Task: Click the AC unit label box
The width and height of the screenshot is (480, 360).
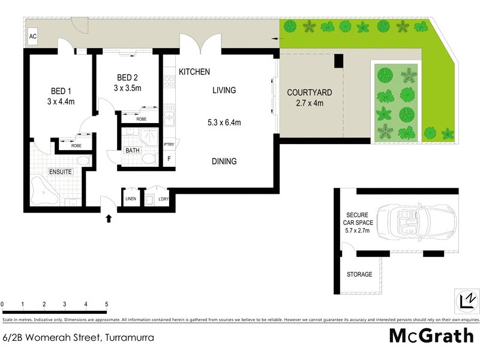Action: pyautogui.click(x=32, y=37)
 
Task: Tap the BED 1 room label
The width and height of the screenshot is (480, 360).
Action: pyautogui.click(x=61, y=91)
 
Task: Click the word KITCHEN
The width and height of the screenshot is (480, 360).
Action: pyautogui.click(x=194, y=72)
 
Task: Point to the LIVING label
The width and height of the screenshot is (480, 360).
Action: pyautogui.click(x=224, y=91)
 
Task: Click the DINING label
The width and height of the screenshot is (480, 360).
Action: pyautogui.click(x=224, y=161)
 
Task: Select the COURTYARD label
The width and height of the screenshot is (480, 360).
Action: pyautogui.click(x=309, y=92)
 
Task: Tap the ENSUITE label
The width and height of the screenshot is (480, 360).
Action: pyautogui.click(x=60, y=172)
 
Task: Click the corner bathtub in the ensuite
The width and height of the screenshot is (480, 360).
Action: pyautogui.click(x=46, y=190)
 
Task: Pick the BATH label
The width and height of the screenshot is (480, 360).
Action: pyautogui.click(x=132, y=151)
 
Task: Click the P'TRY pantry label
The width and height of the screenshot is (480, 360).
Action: pyautogui.click(x=169, y=144)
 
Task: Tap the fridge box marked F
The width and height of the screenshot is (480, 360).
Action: pyautogui.click(x=169, y=159)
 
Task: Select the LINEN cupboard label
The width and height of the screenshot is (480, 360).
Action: pyautogui.click(x=130, y=199)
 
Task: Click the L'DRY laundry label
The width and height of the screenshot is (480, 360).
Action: pyautogui.click(x=163, y=199)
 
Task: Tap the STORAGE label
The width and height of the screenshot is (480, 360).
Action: pyautogui.click(x=359, y=275)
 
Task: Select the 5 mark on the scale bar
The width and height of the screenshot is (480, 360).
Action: pyautogui.click(x=106, y=304)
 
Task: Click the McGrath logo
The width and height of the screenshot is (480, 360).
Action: pyautogui.click(x=431, y=335)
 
